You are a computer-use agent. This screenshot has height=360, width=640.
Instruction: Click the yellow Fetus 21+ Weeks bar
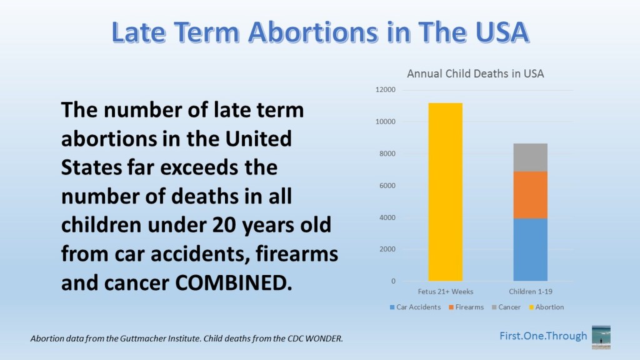point(445,192)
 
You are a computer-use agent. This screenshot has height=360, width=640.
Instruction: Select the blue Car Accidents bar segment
point(530,249)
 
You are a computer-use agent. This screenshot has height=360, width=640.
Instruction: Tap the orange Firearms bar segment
point(530,194)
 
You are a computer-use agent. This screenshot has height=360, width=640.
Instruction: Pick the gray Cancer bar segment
point(530,157)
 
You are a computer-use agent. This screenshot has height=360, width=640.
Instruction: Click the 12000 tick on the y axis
point(385,90)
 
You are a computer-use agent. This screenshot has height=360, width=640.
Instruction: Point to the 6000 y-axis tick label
point(387,186)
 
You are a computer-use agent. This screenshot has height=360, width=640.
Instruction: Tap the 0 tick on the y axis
point(392,281)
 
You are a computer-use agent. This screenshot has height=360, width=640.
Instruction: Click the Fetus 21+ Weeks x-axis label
point(445,292)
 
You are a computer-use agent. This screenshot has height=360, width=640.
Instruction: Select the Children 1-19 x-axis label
point(530,292)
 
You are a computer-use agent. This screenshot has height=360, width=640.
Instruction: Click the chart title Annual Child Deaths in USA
point(475,74)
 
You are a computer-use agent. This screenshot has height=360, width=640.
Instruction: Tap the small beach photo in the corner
point(601,336)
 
